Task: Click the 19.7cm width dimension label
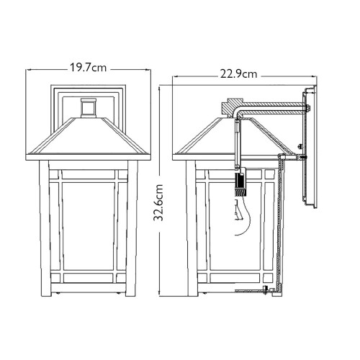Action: coord(89,69)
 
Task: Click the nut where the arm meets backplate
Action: coord(307,109)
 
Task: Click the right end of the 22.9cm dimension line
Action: coord(315,74)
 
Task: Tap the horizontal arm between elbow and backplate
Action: coord(274,109)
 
